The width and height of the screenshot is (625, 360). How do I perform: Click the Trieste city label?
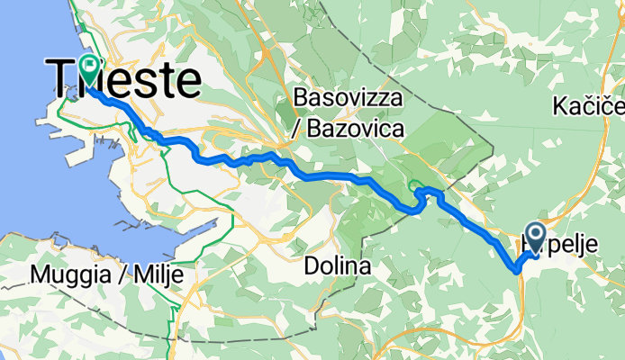click(126, 79)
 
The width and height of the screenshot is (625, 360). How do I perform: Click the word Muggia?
click(65, 274)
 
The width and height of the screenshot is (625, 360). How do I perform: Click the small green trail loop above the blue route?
click(417, 187)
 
